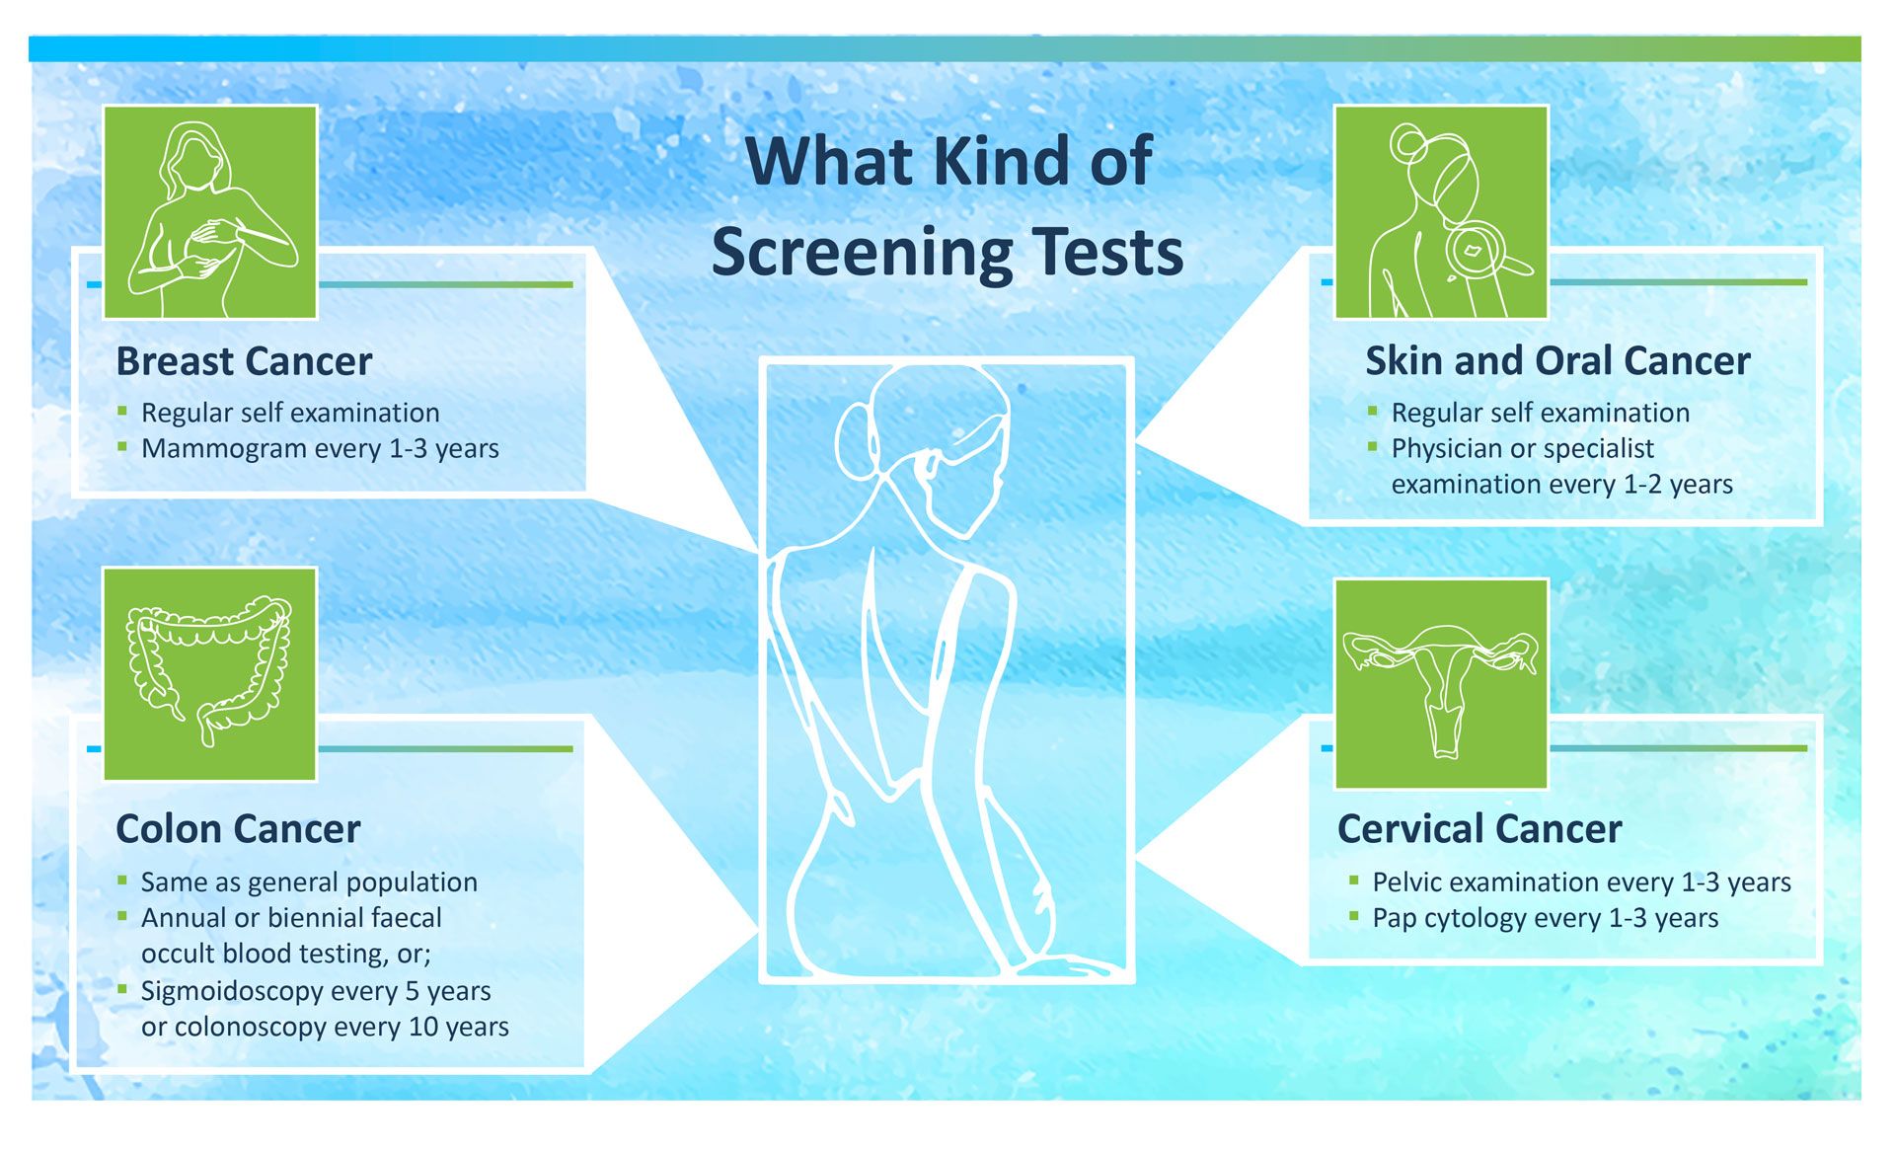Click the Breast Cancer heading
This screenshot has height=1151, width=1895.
(x=244, y=361)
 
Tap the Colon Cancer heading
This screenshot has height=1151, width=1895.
(x=238, y=829)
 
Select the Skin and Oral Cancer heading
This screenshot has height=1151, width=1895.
(x=1557, y=361)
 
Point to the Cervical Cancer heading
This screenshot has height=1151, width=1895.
(x=1479, y=829)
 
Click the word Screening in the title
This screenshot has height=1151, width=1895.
(x=862, y=254)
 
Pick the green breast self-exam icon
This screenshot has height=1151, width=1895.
(x=210, y=212)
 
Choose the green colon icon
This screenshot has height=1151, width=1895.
(x=210, y=674)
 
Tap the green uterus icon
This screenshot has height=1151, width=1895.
(x=1441, y=684)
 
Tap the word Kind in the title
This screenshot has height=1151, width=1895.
(x=1002, y=161)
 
